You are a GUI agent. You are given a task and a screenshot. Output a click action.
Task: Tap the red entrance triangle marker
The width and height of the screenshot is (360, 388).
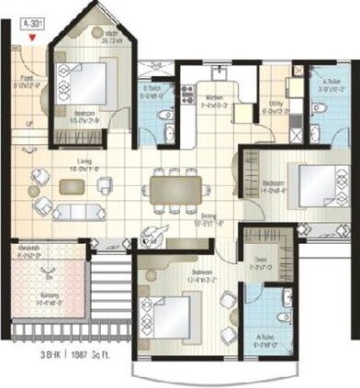pyautogui.click(x=33, y=38)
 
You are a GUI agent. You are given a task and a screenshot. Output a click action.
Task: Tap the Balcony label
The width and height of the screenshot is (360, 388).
pyautogui.click(x=39, y=299)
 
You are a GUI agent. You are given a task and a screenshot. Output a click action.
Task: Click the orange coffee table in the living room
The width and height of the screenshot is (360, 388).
pyautogui.click(x=70, y=186)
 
